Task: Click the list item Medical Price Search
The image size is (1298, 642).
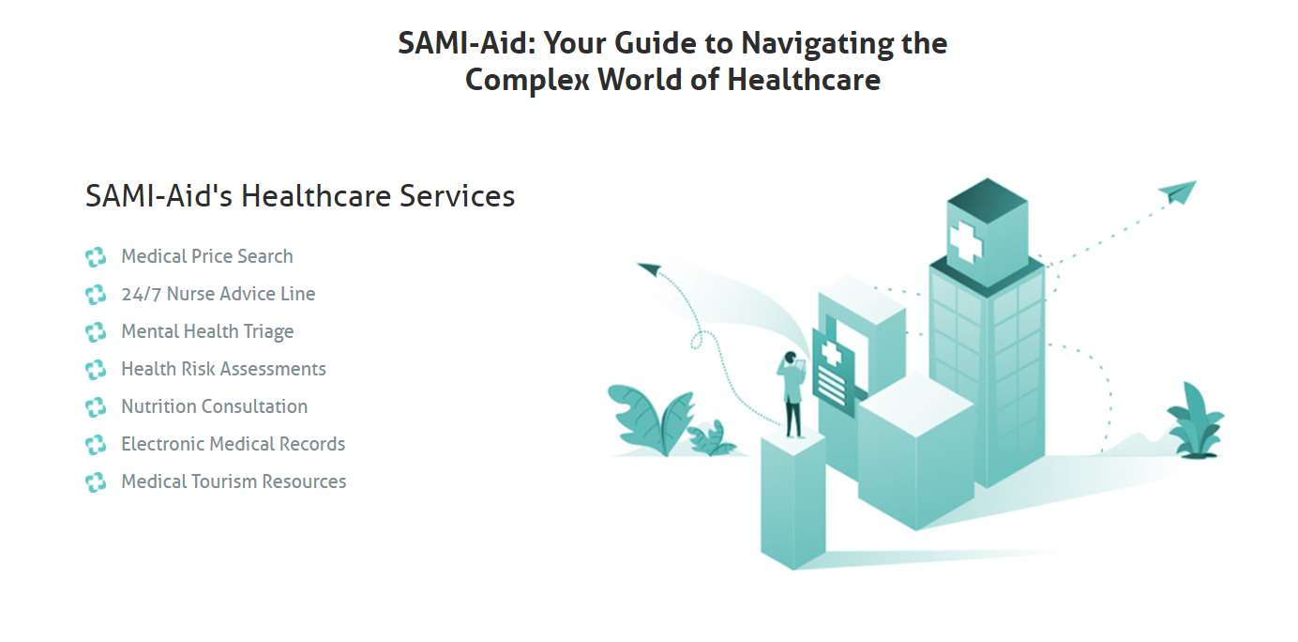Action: click(x=207, y=256)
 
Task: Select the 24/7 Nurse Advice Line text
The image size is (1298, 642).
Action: click(x=219, y=294)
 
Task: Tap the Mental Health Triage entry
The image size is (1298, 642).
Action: click(x=207, y=331)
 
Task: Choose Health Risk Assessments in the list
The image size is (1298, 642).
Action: click(x=223, y=369)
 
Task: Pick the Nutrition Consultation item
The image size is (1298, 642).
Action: click(x=214, y=406)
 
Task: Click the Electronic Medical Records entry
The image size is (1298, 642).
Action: click(x=233, y=444)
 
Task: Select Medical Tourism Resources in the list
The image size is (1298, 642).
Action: click(x=234, y=481)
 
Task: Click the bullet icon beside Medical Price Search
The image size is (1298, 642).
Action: click(x=96, y=257)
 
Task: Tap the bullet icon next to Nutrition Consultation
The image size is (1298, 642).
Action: click(x=96, y=407)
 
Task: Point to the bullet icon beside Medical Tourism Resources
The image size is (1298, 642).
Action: click(x=96, y=482)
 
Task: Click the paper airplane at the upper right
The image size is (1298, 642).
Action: click(x=1178, y=191)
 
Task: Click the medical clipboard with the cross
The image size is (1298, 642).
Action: click(x=833, y=367)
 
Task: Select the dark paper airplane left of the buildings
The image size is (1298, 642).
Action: click(x=650, y=270)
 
